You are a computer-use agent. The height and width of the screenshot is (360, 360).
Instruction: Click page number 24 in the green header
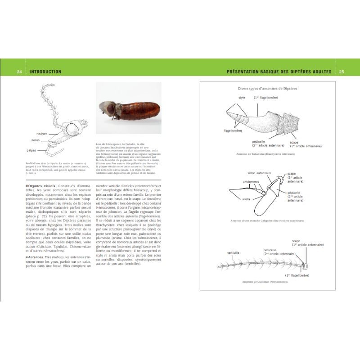[19, 72]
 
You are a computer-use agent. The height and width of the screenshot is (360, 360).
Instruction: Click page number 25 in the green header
[341, 72]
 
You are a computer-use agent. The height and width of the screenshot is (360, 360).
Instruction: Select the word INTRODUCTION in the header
[45, 72]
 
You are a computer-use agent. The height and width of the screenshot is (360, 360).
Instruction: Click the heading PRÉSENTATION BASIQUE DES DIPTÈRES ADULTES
[279, 72]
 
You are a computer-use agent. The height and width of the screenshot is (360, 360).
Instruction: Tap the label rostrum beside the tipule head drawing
[42, 134]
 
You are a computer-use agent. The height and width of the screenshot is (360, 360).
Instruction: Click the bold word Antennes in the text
[38, 257]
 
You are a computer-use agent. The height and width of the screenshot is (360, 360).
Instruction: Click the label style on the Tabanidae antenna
[242, 98]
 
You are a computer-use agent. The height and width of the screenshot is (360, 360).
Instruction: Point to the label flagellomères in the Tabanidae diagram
[233, 130]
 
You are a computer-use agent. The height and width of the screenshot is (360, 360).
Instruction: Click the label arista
[246, 198]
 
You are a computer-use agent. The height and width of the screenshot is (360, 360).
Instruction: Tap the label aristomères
[251, 181]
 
